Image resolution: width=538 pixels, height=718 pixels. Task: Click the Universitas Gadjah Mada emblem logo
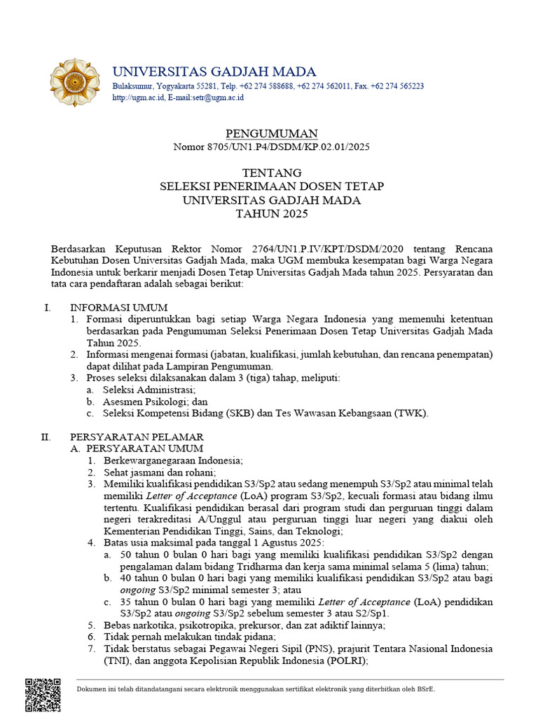74,83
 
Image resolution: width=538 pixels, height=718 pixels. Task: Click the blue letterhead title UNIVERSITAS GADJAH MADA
214,71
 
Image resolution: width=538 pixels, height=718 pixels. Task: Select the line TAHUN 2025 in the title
272,214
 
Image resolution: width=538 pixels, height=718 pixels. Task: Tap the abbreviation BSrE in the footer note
427,689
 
